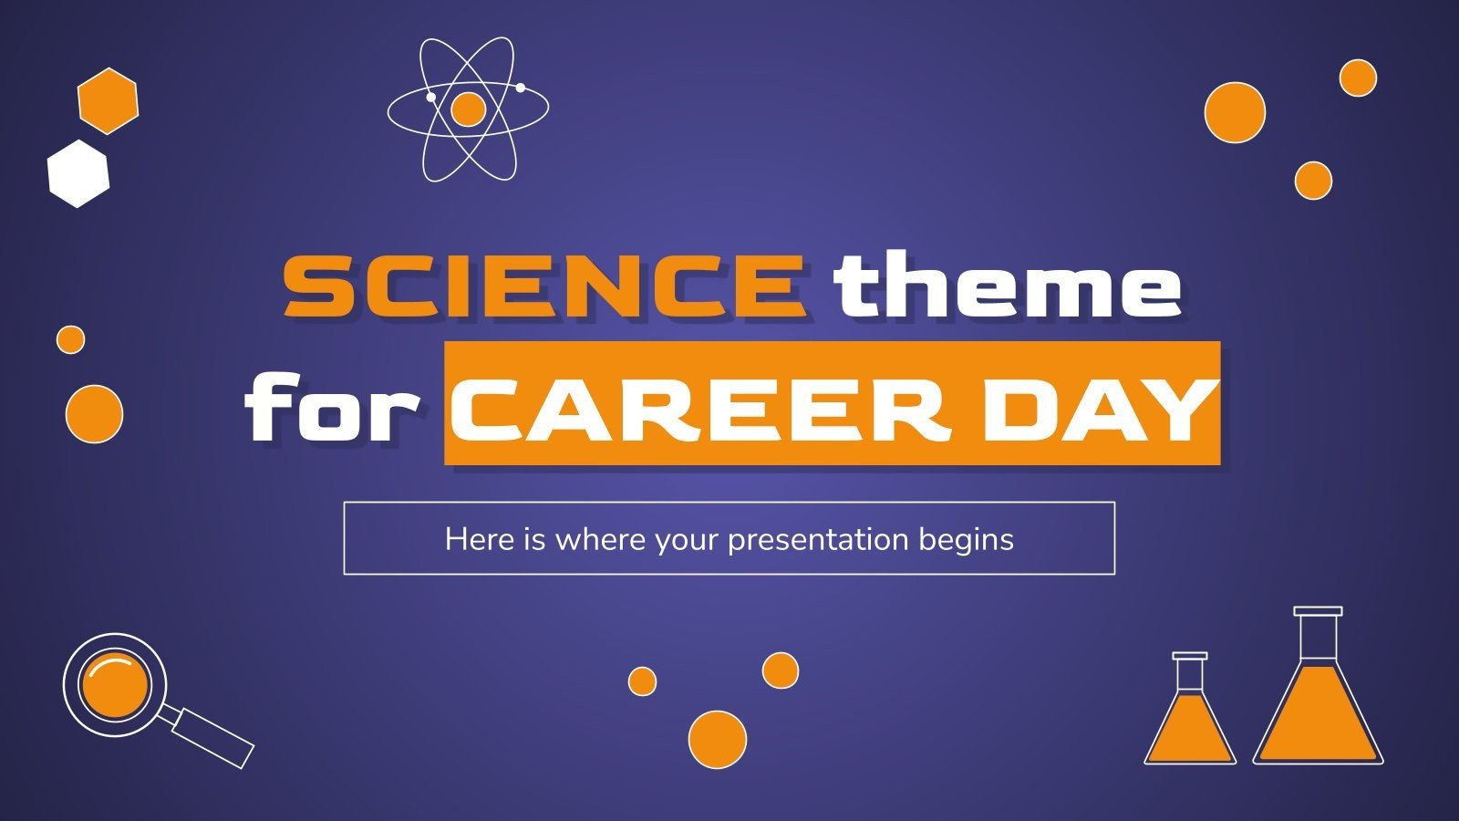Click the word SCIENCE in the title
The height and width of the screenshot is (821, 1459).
click(543, 286)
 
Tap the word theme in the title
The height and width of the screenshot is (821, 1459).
click(1007, 286)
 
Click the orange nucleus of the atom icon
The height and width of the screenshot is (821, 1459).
click(468, 109)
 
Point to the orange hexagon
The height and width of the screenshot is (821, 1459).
click(108, 100)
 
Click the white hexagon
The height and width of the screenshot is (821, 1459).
click(78, 173)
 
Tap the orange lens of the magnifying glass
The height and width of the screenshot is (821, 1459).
click(114, 684)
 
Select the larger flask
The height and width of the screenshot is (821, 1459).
click(1318, 712)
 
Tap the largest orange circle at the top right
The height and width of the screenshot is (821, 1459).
click(1235, 112)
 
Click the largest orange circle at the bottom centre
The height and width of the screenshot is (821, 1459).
click(717, 739)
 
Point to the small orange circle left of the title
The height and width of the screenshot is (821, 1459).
click(70, 339)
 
